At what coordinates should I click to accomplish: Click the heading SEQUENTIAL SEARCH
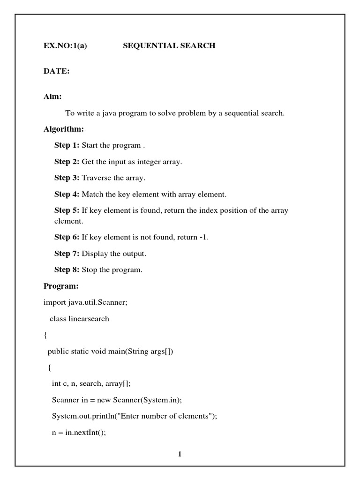pos(169,45)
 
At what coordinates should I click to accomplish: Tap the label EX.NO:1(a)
pos(65,45)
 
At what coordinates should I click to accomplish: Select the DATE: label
pos(57,71)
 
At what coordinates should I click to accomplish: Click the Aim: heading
pos(52,97)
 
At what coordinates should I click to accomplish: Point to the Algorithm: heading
pos(64,129)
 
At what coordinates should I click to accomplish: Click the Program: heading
pos(61,286)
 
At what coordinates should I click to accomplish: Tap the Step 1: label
pos(67,145)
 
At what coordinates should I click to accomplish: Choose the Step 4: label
pos(67,194)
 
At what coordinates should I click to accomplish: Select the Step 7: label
pos(67,254)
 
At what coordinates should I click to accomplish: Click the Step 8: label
pos(67,270)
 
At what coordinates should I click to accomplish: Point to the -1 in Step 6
pos(203,237)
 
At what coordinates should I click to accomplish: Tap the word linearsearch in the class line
pos(89,319)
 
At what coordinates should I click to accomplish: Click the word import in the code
pos(55,302)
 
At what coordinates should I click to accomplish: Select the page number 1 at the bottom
pos(180,454)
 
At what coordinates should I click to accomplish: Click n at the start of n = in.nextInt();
pos(54,433)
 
